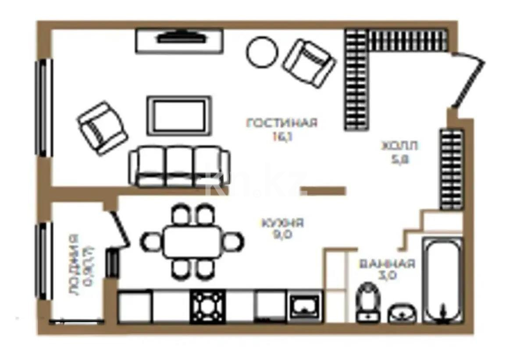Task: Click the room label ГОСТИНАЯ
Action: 281,123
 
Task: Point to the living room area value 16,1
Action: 281,136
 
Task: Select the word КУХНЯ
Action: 282,223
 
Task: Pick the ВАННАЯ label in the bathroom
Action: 387,264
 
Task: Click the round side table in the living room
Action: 262,52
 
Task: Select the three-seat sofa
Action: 179,167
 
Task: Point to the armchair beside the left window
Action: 102,128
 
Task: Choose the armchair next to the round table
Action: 310,63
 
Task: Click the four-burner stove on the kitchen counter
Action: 207,307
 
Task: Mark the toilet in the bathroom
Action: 367,302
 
